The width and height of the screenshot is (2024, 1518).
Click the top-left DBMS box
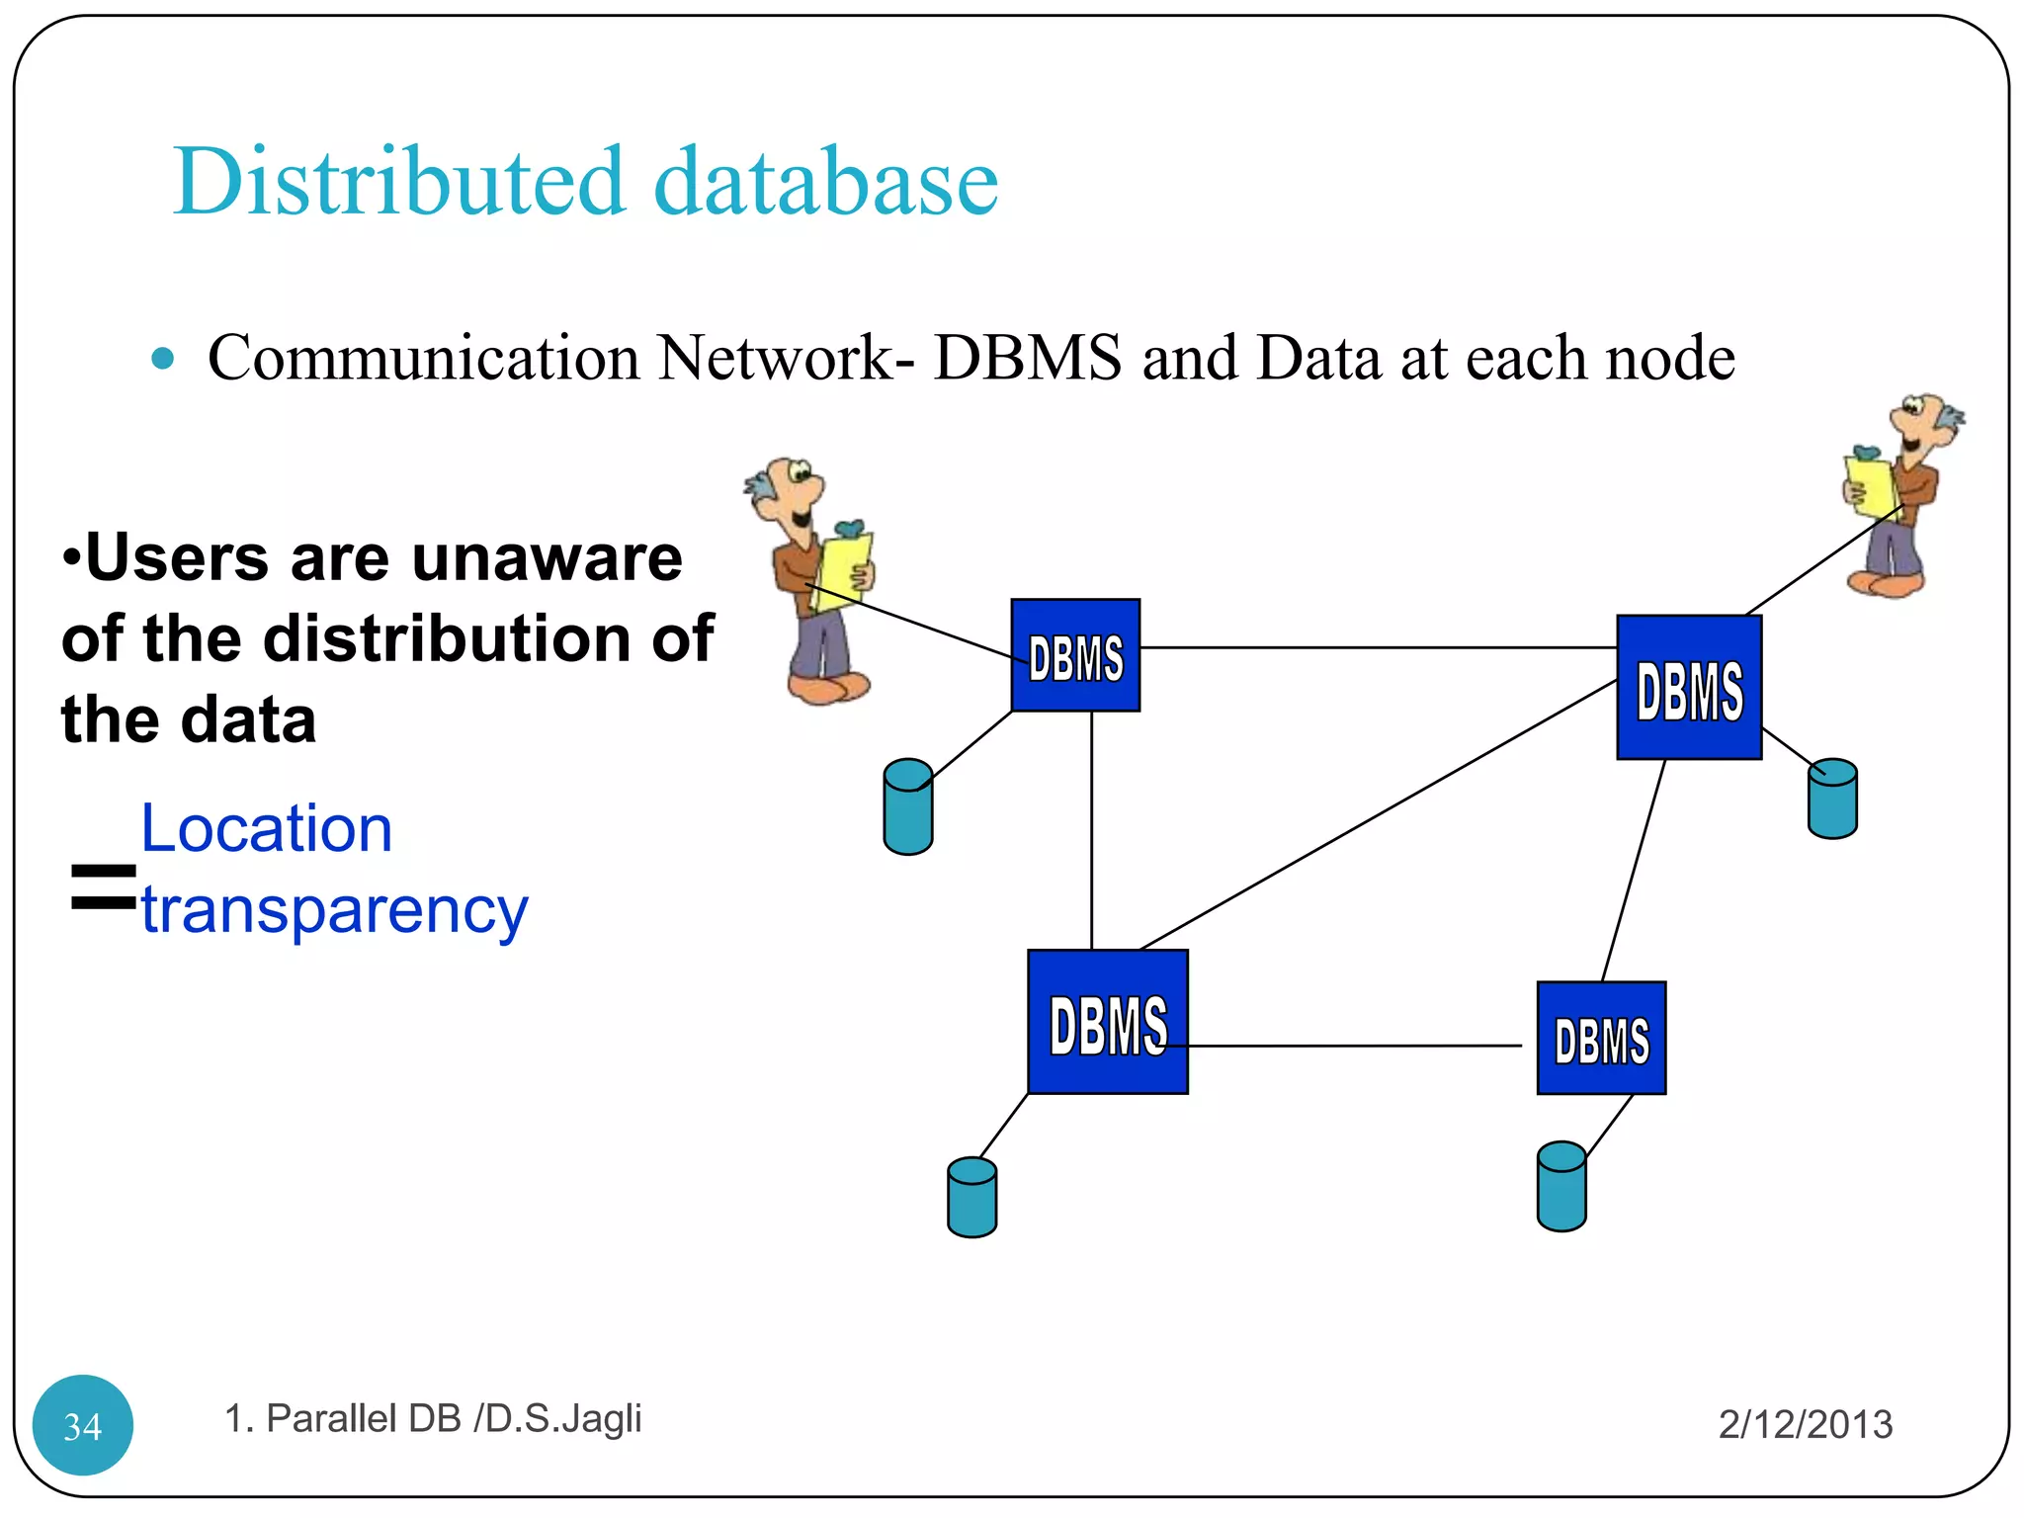coord(1075,655)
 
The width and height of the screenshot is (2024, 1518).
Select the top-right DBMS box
coord(1689,688)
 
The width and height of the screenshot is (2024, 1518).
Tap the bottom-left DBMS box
coord(1107,1022)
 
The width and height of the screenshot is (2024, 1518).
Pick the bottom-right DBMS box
coord(1601,1039)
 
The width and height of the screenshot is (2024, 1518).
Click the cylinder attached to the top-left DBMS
coord(908,807)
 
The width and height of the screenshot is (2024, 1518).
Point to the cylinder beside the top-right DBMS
coord(1832,800)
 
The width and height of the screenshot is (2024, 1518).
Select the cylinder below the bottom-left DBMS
coord(971,1198)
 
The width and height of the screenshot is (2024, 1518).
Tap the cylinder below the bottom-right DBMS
coord(1561,1187)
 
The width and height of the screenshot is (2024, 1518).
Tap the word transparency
coord(334,909)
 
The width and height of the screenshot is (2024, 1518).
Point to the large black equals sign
coord(103,886)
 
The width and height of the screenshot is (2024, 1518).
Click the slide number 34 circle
coord(83,1425)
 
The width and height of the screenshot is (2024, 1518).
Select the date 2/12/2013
coord(1805,1424)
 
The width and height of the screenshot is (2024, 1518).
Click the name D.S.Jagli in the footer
coord(563,1418)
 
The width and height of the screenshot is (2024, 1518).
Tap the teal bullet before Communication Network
coord(163,358)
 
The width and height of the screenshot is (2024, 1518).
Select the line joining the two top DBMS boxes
coord(1378,647)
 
